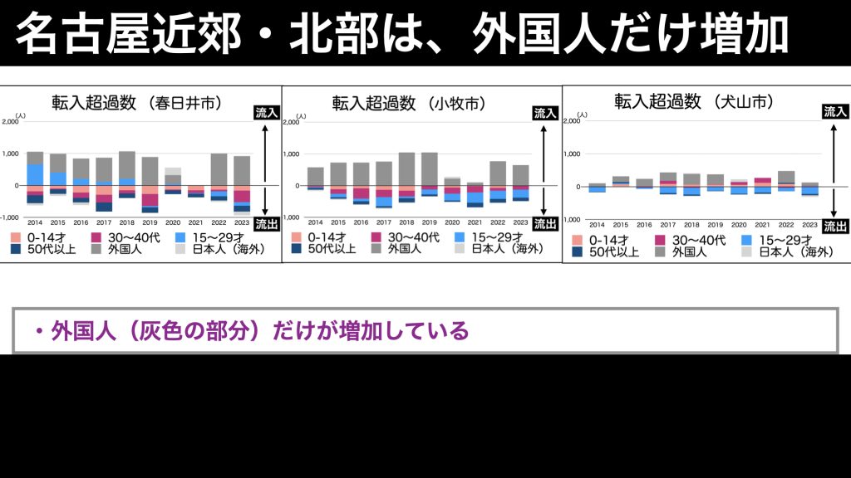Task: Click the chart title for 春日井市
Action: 137,104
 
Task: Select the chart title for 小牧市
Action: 409,104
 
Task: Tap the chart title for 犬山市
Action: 694,102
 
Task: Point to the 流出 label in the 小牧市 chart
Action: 544,224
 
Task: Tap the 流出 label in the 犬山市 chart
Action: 835,225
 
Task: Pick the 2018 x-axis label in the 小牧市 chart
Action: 406,223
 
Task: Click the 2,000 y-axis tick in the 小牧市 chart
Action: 290,123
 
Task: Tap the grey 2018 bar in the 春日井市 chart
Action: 127,164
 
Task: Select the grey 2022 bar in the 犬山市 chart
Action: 786,177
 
